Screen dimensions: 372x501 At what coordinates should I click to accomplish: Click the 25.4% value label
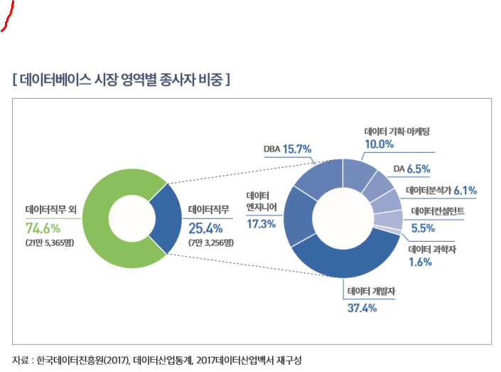(206, 228)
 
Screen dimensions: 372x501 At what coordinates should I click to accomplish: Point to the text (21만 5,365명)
(49, 243)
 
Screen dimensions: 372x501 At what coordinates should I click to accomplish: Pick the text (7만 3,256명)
(211, 243)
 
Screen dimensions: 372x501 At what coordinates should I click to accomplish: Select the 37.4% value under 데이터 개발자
(361, 308)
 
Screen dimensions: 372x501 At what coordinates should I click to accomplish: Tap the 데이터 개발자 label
(370, 292)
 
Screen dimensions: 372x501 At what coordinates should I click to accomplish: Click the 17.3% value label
(261, 224)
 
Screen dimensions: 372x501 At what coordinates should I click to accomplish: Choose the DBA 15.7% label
(288, 149)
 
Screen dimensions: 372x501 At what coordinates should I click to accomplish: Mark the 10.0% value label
(379, 144)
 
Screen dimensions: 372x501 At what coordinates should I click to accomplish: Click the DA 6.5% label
(411, 169)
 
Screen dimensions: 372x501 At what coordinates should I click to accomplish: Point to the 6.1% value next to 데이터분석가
(464, 190)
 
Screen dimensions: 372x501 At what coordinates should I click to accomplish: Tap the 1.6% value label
(420, 262)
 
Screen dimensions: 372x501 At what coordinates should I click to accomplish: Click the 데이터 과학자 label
(433, 249)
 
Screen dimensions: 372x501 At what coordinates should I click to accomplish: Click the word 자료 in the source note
(21, 360)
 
